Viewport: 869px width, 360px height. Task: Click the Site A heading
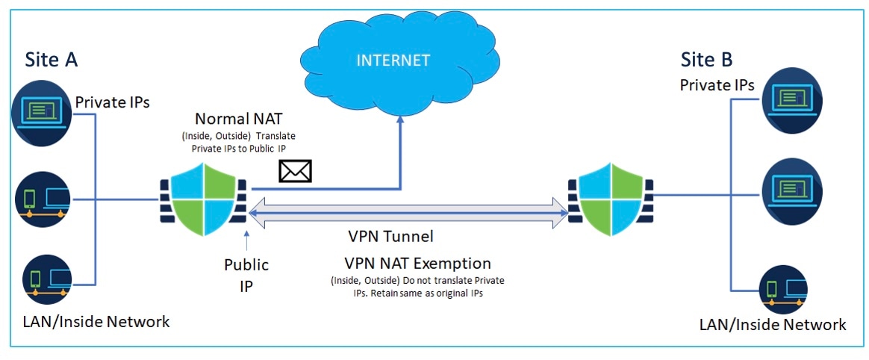click(51, 60)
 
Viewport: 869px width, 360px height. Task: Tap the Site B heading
click(706, 59)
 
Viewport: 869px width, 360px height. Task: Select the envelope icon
click(295, 171)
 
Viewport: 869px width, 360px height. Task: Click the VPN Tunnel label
click(390, 236)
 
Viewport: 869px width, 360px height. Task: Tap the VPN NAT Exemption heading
click(417, 262)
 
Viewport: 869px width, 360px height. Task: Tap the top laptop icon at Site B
click(791, 101)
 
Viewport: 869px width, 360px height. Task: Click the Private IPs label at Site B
click(717, 85)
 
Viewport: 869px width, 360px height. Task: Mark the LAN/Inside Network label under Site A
click(96, 321)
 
